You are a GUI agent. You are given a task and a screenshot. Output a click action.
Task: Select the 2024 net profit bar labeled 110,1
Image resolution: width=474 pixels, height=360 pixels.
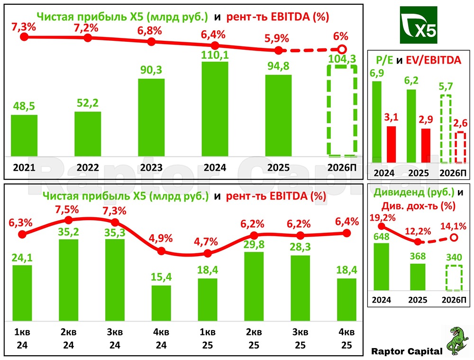click(215, 109)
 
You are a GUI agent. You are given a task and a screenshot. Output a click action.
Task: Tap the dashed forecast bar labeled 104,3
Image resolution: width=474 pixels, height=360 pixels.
click(342, 110)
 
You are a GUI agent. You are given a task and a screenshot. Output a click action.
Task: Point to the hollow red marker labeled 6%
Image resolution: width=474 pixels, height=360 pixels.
click(341, 49)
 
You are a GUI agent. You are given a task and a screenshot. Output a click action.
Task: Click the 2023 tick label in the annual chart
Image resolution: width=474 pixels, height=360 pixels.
click(151, 167)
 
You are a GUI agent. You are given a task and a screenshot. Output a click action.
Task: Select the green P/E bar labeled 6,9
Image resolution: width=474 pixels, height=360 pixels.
click(377, 119)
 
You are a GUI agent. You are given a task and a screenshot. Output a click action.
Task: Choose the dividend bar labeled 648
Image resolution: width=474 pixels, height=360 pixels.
click(382, 267)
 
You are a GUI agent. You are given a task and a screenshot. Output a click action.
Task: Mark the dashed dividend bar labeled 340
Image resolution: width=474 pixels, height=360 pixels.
click(454, 278)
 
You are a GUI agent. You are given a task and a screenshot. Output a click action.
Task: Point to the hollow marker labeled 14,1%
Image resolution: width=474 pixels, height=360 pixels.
click(454, 237)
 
